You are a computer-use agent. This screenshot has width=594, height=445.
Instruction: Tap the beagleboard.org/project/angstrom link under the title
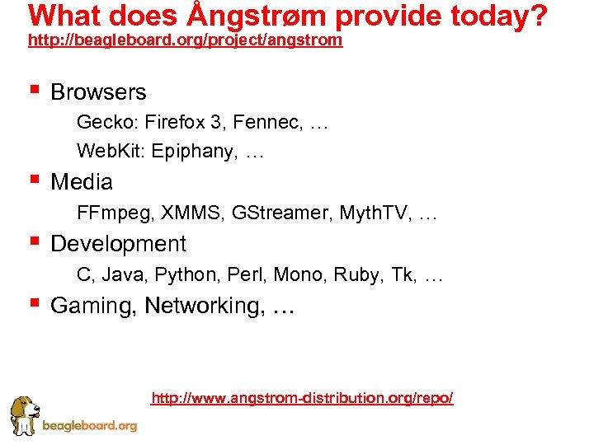(x=185, y=40)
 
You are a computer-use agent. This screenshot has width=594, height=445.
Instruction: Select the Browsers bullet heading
(x=98, y=92)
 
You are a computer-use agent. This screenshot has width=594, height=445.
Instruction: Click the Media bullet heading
(x=82, y=181)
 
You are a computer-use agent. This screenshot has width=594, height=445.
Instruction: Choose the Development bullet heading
(x=118, y=244)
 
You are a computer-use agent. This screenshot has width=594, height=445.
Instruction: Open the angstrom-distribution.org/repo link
(x=302, y=398)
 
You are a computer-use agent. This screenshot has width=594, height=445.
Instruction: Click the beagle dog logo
(x=24, y=415)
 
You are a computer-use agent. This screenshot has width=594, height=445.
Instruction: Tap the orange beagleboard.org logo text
(x=89, y=426)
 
